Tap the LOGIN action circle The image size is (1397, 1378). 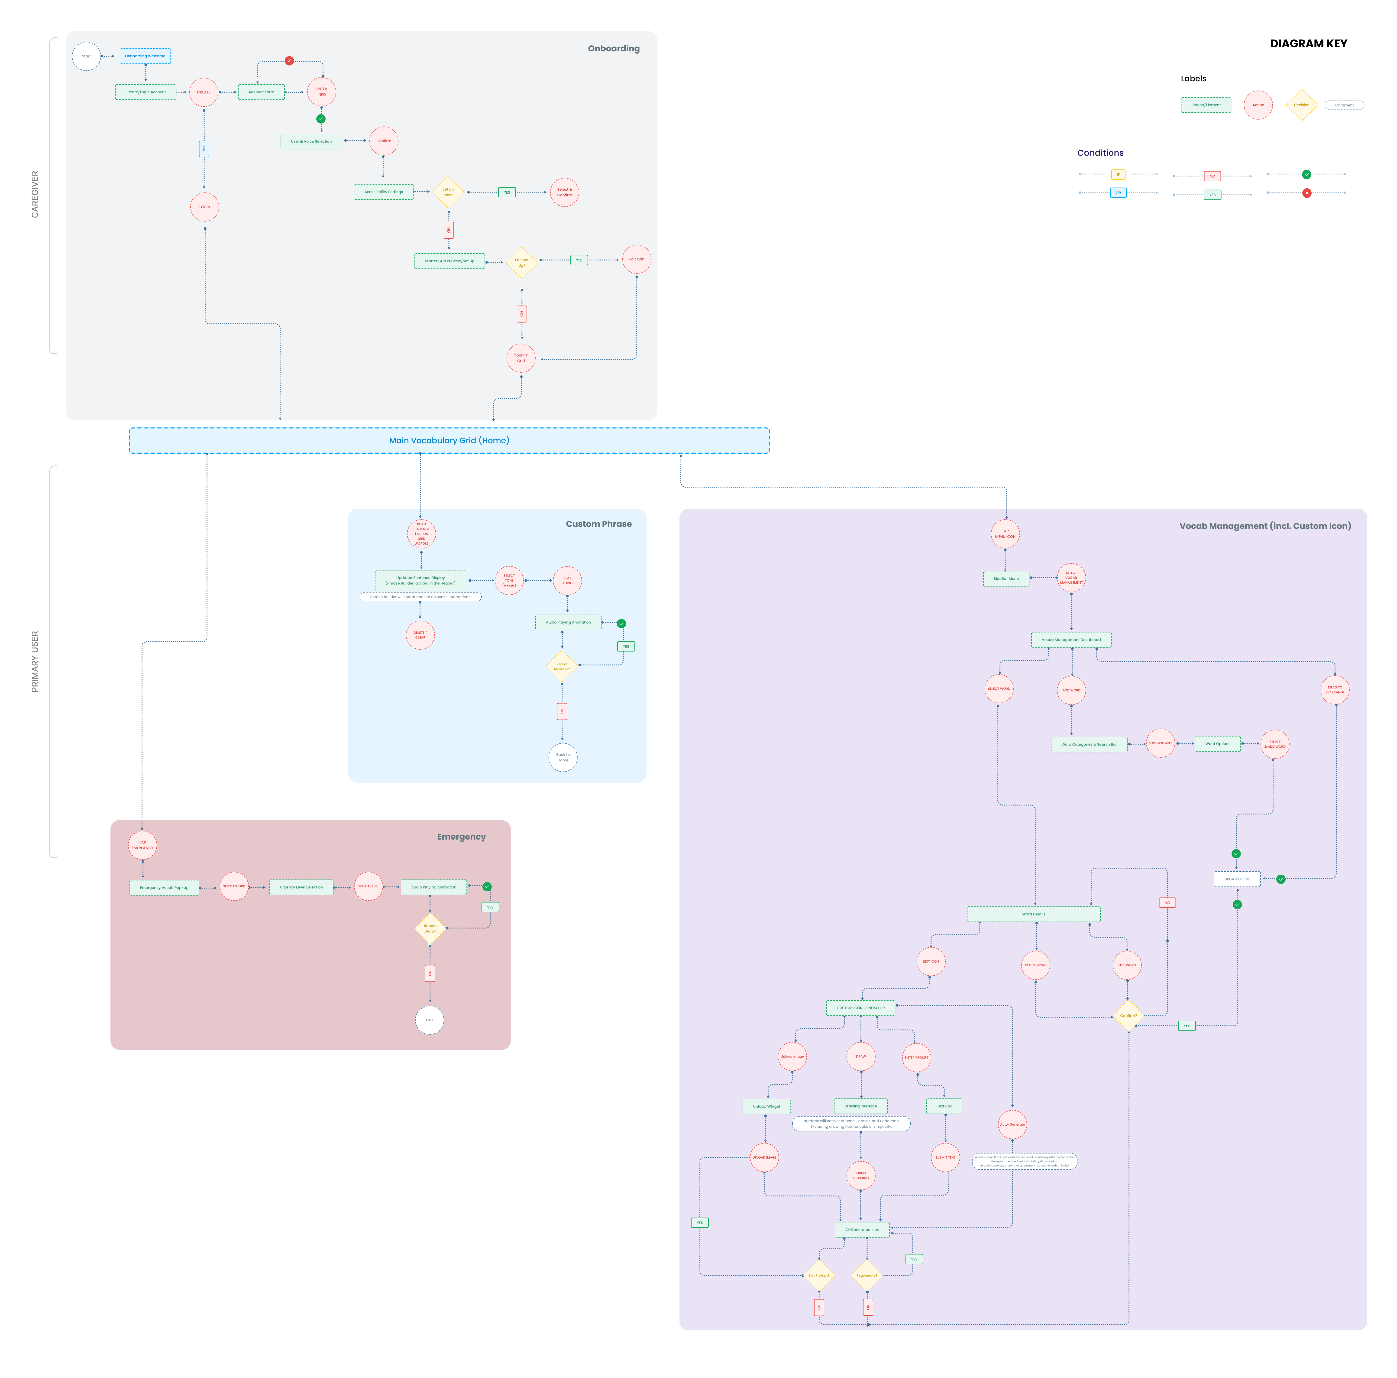tap(205, 207)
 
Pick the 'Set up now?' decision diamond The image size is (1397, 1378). tap(448, 192)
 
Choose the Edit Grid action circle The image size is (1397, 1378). tap(636, 259)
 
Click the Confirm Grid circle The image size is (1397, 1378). tap(521, 358)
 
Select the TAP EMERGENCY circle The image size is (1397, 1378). tap(142, 845)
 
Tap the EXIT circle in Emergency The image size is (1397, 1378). tap(430, 1020)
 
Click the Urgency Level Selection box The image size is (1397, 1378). tap(301, 887)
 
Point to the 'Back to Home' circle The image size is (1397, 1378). tap(563, 757)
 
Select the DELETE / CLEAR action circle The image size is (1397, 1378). tap(420, 635)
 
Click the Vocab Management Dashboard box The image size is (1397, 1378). tap(1071, 639)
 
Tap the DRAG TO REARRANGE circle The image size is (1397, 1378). tap(1335, 690)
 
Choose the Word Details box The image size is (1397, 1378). tap(1033, 914)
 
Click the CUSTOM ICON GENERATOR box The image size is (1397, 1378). tap(860, 1008)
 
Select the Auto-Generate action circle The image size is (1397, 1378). tap(1012, 1124)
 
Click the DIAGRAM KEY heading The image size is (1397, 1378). tap(1308, 43)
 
